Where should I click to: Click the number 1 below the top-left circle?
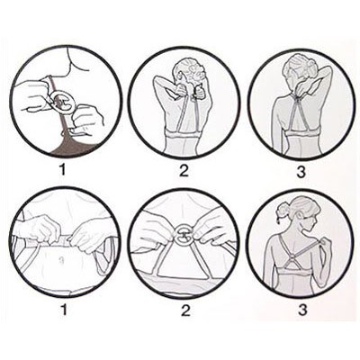[63, 170]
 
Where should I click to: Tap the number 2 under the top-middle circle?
[184, 170]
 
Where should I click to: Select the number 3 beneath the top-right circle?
[301, 172]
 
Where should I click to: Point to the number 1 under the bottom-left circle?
[64, 310]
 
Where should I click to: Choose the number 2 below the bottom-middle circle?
[185, 310]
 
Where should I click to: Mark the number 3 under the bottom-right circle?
[302, 310]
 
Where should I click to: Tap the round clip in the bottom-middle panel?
[184, 236]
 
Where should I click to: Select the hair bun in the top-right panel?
[310, 69]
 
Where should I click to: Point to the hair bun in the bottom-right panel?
[283, 211]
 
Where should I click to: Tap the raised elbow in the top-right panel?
[329, 70]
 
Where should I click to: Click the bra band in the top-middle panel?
[183, 134]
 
